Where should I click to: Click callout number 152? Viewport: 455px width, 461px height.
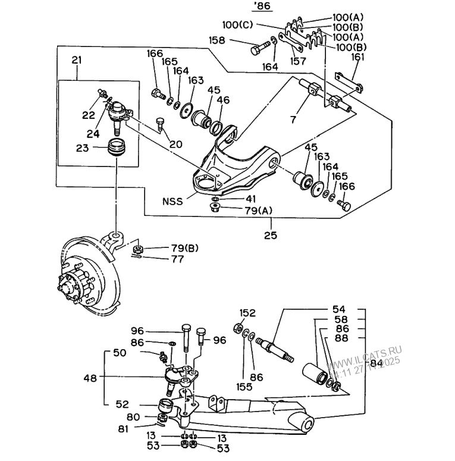click(247, 313)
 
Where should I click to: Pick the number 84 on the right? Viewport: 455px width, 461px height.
click(376, 362)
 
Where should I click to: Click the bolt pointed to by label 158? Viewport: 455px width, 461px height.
click(258, 48)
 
